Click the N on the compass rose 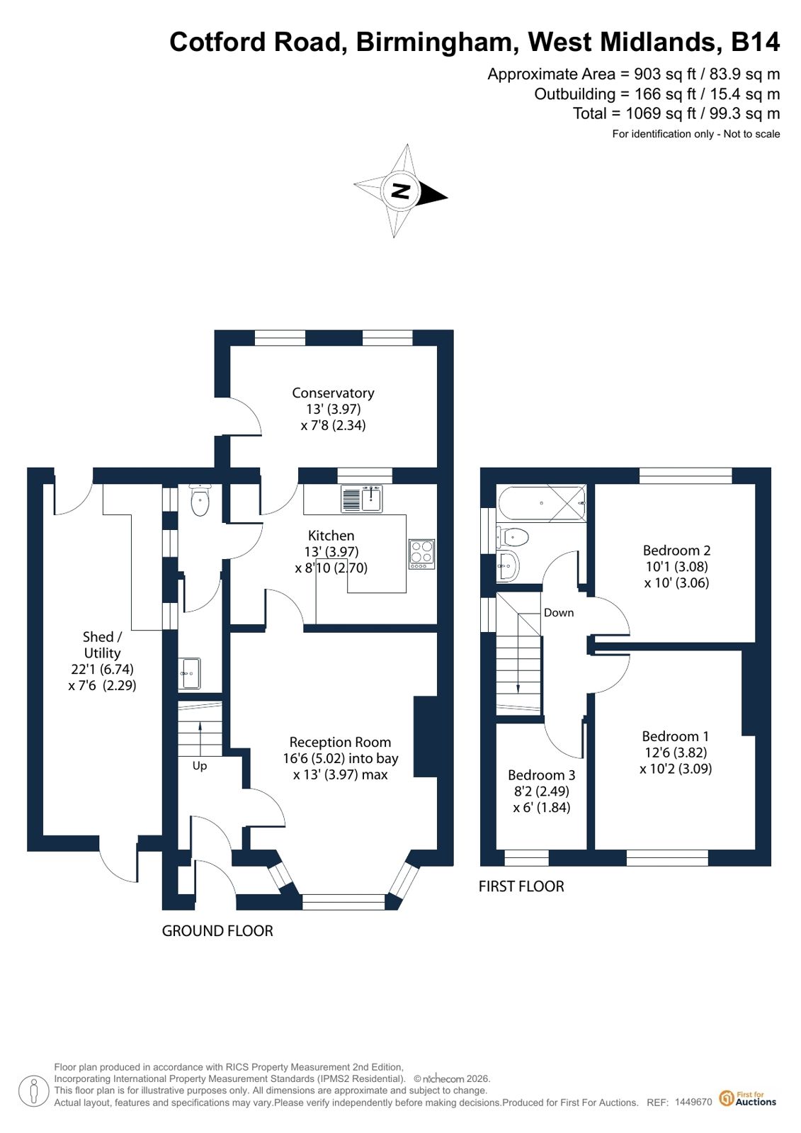[x=401, y=191]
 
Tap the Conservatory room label [x=333, y=393]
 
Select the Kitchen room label [x=331, y=535]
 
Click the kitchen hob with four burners [x=421, y=554]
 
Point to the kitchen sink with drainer [x=362, y=499]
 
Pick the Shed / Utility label [x=102, y=645]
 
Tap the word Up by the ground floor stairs [x=199, y=766]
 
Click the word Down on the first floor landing [x=558, y=612]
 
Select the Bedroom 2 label [x=676, y=551]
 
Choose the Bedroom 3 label [x=541, y=775]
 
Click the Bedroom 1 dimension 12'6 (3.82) [x=676, y=752]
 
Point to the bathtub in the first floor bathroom [x=542, y=503]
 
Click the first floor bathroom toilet [x=512, y=536]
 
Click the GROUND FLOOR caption [x=217, y=930]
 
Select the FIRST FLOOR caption [x=521, y=886]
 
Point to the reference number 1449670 [x=693, y=1102]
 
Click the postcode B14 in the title [x=755, y=42]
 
